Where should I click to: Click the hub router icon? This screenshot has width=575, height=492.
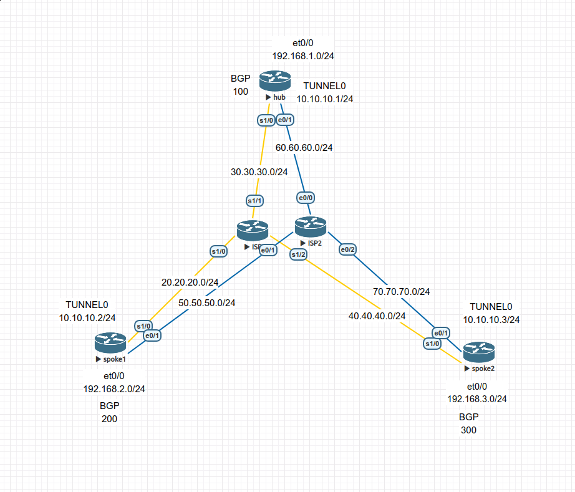click(275, 80)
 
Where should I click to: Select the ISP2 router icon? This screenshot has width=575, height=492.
click(311, 225)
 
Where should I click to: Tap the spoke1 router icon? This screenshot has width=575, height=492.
click(110, 342)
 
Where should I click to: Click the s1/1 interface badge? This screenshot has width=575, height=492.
click(254, 201)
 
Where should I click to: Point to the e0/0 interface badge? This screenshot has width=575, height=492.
click(306, 198)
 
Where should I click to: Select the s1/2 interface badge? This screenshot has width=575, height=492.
click(299, 254)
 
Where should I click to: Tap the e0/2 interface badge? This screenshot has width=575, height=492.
click(348, 250)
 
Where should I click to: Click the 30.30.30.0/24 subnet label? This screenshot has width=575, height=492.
click(259, 172)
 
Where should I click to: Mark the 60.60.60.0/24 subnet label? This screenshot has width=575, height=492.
click(304, 148)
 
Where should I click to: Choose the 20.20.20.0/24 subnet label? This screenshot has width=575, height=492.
click(190, 282)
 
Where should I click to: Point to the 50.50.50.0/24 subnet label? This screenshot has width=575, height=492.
click(206, 302)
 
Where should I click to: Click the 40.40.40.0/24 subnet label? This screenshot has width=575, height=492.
click(377, 316)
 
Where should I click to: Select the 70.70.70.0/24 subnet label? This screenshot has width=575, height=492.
click(401, 291)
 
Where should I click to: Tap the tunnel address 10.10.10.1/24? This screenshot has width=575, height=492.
click(325, 99)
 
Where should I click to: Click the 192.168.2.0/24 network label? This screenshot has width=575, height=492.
click(114, 388)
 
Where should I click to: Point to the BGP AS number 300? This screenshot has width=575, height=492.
click(468, 430)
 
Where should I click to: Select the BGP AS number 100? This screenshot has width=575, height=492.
click(241, 91)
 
